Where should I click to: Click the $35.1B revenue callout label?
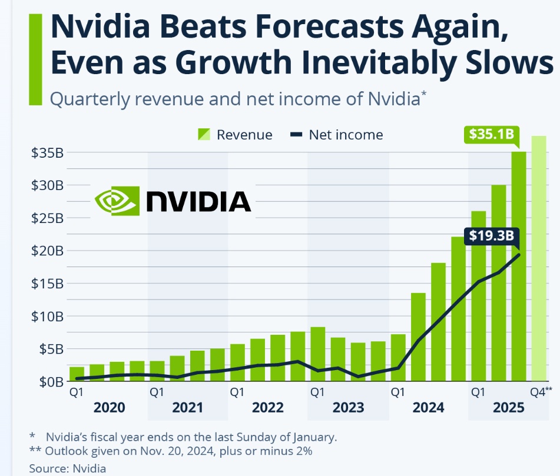[491, 135]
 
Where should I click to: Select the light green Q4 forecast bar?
[539, 259]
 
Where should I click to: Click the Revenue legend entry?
[235, 135]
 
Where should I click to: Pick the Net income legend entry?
[337, 135]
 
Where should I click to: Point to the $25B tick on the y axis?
[47, 218]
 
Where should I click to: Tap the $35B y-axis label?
[47, 153]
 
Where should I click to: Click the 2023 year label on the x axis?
[348, 408]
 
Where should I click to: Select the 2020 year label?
[109, 408]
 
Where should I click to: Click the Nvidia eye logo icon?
[117, 201]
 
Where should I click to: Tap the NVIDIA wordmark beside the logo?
[198, 201]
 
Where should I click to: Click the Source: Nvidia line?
[68, 468]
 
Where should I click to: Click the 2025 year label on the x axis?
[508, 408]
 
